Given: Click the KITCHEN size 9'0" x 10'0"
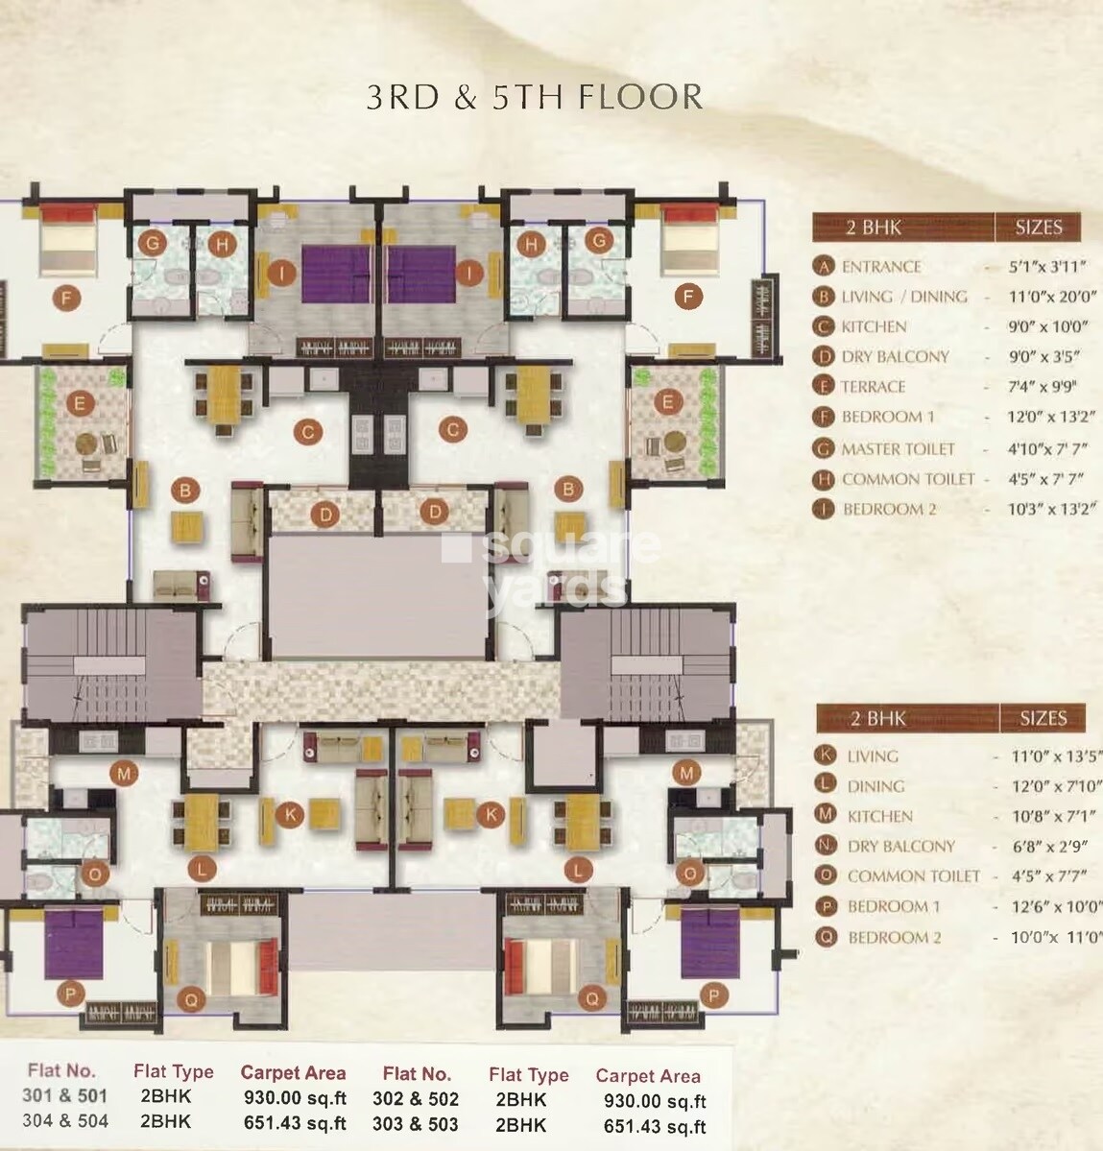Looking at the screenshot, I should pos(1047,326).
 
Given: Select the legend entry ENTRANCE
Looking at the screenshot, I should pos(880,267).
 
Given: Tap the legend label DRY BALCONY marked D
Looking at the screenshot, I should pos(895,356).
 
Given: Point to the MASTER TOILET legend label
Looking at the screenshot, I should pos(898,448).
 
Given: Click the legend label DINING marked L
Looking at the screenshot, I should pos(875,785).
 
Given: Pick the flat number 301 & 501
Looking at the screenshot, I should pos(65,1095).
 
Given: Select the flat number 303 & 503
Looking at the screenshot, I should pos(416,1124).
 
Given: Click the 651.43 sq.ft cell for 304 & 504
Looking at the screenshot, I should pos(293,1122).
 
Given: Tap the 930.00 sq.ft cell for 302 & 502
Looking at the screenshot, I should pos(655,1101).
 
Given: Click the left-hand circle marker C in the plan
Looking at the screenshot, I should pos(308,432).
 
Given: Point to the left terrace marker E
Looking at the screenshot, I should pos(80,403).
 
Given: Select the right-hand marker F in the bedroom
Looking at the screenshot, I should pos(687,297).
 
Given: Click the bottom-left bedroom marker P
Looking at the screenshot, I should pos(72,994).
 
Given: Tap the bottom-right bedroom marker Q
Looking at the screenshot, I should pos(592,998).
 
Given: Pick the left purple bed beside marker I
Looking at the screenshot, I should pos(333,275).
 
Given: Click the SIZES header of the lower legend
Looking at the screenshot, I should pos(1043,717).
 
